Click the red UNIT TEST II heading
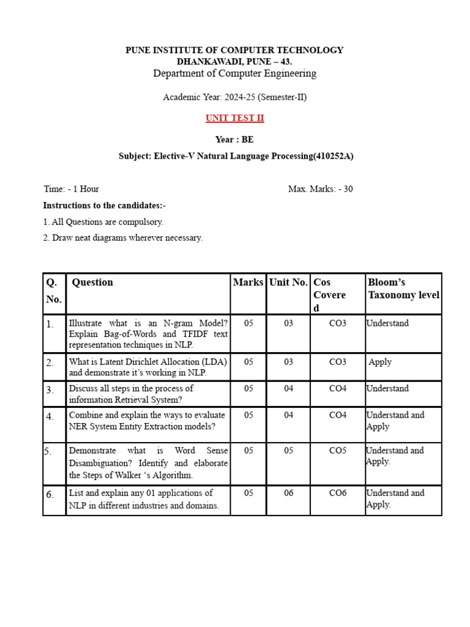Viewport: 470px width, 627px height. click(234, 118)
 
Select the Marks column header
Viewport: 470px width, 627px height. click(248, 282)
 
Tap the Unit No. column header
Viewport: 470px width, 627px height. click(288, 282)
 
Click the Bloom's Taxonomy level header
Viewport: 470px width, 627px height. click(403, 288)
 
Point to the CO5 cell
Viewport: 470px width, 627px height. click(337, 451)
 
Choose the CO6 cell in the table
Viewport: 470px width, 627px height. click(337, 493)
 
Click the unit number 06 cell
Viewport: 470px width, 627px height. click(289, 493)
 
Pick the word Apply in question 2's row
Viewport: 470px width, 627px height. click(380, 362)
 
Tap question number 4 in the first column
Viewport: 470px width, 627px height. click(50, 416)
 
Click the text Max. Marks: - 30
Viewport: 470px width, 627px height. click(320, 189)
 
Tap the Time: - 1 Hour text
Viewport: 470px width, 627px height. click(71, 189)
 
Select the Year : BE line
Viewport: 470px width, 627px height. click(234, 140)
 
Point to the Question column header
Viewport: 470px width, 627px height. click(92, 282)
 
